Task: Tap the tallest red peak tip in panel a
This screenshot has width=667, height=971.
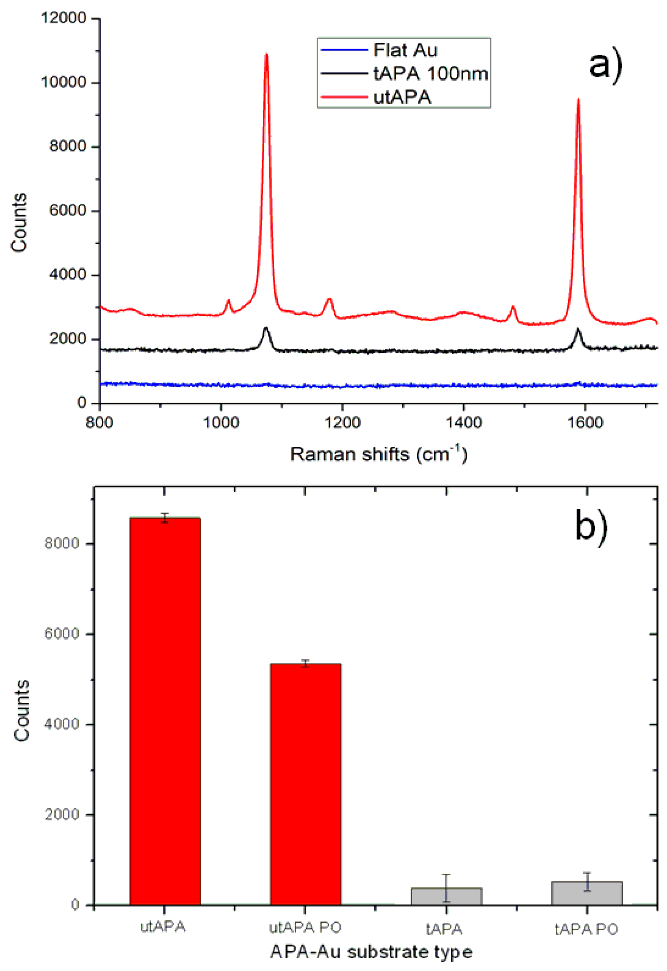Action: pyautogui.click(x=266, y=54)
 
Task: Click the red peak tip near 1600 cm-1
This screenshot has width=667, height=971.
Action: pyautogui.click(x=579, y=100)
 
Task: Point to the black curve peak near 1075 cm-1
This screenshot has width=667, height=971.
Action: pyautogui.click(x=266, y=328)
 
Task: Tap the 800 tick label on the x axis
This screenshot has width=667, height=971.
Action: pyautogui.click(x=99, y=422)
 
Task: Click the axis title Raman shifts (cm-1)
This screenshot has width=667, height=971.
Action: pyautogui.click(x=378, y=454)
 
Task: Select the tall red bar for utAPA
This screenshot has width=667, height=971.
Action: pyautogui.click(x=165, y=711)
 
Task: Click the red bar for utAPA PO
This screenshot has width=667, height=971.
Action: pyautogui.click(x=306, y=782)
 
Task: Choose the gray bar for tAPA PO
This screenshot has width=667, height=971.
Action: pyautogui.click(x=587, y=893)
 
